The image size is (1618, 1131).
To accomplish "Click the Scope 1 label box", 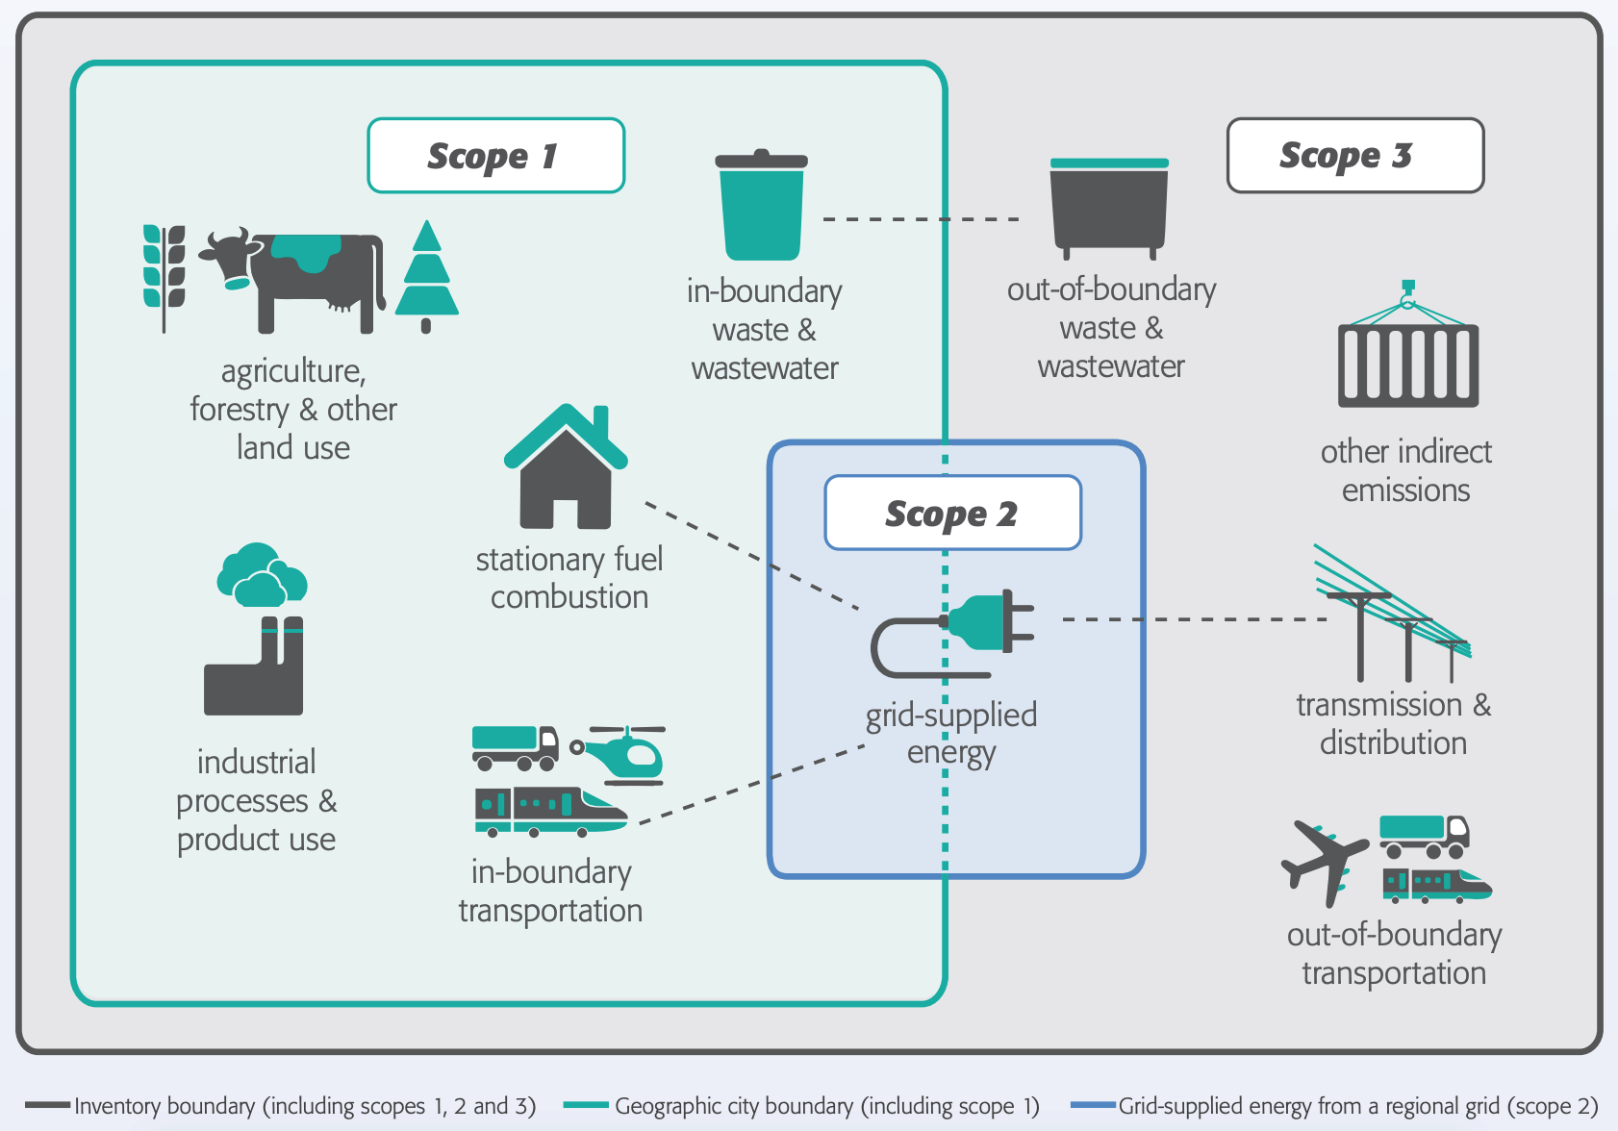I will (x=495, y=156).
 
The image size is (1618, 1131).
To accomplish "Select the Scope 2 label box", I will (x=952, y=514).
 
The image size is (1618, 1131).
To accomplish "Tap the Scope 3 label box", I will (x=1354, y=156).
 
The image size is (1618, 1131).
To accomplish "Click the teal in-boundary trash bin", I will (x=762, y=207).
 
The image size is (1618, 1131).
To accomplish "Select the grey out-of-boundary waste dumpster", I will (x=1108, y=207).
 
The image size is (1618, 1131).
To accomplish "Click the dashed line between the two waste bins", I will (x=921, y=219).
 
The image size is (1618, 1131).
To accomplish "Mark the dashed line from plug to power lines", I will (x=1193, y=619).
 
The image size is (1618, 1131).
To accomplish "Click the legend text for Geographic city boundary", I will (x=826, y=1106).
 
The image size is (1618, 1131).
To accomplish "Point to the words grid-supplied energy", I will (x=951, y=733).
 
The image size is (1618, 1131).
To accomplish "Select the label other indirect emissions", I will (x=1405, y=470).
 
